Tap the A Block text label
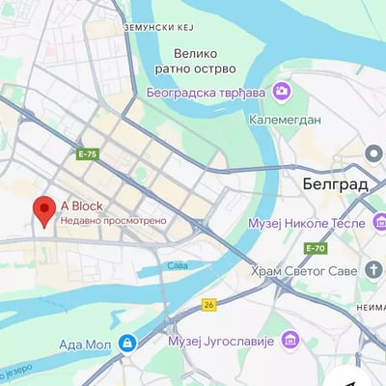(x=81, y=206)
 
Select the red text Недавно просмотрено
(x=113, y=220)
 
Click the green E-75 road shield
(x=88, y=153)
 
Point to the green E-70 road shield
(x=315, y=248)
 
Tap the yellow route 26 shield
(x=208, y=304)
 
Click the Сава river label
(x=177, y=264)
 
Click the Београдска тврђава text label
(x=207, y=93)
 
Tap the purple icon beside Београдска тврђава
(x=281, y=92)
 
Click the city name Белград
(x=327, y=182)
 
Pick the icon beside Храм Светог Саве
(x=374, y=270)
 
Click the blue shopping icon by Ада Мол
(x=126, y=343)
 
